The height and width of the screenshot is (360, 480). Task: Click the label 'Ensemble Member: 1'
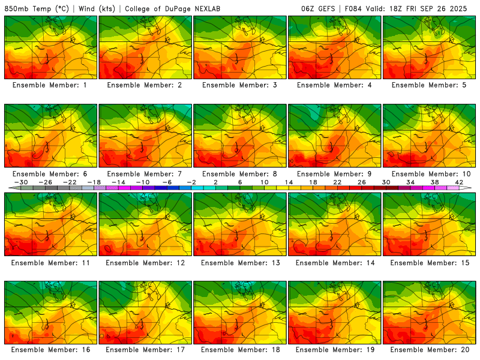click(50, 85)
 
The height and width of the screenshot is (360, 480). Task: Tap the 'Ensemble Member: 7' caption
click(145, 174)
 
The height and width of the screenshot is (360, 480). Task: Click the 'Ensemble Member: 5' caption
click(428, 85)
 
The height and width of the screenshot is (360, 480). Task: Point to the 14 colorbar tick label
click(289, 182)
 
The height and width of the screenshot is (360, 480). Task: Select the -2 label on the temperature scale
click(192, 182)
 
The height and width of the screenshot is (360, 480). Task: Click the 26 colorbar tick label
click(362, 182)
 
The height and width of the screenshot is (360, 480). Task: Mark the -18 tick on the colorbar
click(95, 182)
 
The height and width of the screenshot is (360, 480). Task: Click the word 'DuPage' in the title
click(184, 9)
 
